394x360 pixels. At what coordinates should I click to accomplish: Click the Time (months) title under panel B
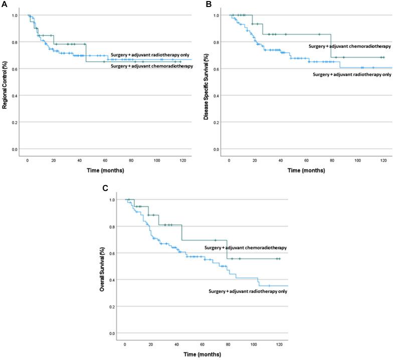pyautogui.click(x=307, y=170)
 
